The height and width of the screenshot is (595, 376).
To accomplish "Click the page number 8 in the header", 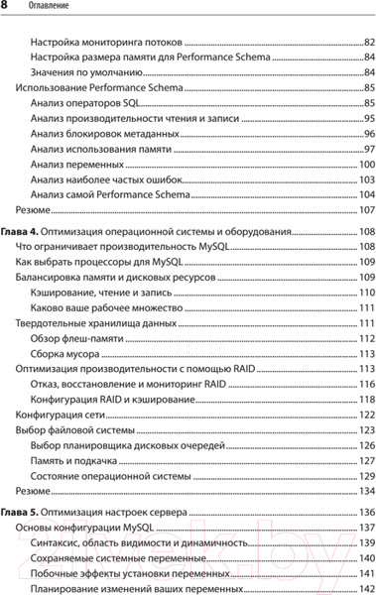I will (7, 9).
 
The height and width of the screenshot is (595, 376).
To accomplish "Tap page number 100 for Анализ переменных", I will (365, 164).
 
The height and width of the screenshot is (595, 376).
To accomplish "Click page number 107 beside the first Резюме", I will (365, 209).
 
